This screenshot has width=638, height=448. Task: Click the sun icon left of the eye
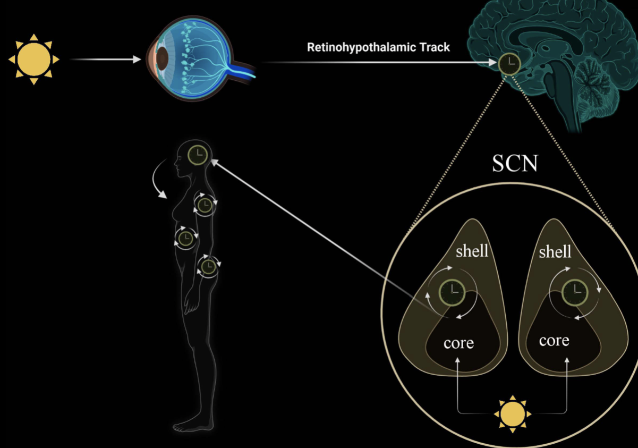click(x=34, y=60)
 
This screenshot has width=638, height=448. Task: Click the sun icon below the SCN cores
click(x=513, y=413)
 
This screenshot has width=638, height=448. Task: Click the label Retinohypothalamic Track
click(x=378, y=47)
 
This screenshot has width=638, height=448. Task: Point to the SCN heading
click(x=515, y=163)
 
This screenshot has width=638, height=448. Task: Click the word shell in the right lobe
click(x=555, y=251)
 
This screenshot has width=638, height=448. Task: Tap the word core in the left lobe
click(x=458, y=343)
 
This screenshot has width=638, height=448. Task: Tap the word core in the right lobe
click(x=554, y=340)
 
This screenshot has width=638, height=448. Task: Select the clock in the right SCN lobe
click(x=575, y=292)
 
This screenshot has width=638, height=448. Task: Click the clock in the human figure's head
click(x=198, y=154)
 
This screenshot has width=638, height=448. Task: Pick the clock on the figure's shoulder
click(x=205, y=204)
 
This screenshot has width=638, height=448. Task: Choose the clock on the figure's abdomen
click(x=185, y=238)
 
